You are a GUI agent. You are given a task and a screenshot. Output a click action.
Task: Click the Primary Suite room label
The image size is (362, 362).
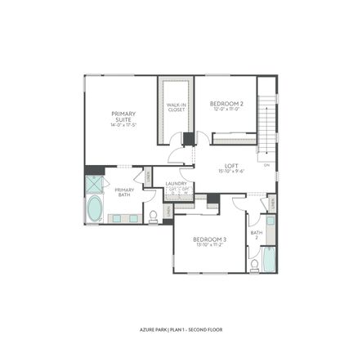[x=123, y=116]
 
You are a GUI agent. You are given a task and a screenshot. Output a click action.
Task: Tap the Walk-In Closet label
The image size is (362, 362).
[x=177, y=108]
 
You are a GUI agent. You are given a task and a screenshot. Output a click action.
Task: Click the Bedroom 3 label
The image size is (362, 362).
[x=209, y=239]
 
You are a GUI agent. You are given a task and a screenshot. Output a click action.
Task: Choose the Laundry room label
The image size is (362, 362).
[x=177, y=184]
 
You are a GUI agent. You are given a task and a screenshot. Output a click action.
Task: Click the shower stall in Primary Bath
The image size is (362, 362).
[x=94, y=184]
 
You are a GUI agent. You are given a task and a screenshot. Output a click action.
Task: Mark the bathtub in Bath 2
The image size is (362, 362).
[x=255, y=263]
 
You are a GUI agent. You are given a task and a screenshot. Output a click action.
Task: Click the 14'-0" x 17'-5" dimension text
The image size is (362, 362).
[x=123, y=124]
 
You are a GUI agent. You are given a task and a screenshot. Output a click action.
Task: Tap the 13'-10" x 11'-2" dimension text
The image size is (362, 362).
[x=209, y=245]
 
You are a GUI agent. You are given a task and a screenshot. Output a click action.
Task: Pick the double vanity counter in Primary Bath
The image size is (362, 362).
[x=123, y=218]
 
